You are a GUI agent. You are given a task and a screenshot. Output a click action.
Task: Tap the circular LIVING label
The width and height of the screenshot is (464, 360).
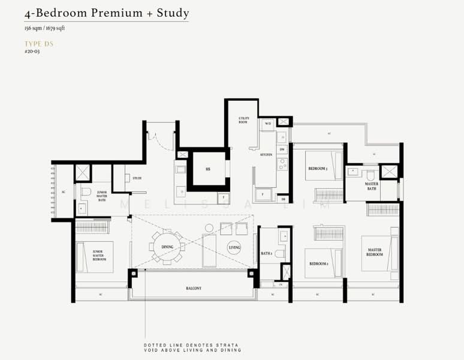pyautogui.click(x=234, y=247)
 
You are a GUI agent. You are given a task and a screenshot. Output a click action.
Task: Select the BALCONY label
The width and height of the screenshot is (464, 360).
pyautogui.click(x=193, y=289)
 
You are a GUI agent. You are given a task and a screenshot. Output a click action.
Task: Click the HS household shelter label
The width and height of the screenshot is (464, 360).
pyautogui.click(x=207, y=169)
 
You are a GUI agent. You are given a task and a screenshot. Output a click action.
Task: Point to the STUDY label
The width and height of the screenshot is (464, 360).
pyautogui.click(x=137, y=178)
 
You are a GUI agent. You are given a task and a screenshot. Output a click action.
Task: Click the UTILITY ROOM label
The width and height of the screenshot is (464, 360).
pyautogui.click(x=243, y=121)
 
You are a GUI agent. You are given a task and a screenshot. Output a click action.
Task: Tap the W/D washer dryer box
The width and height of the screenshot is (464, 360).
pyautogui.click(x=268, y=123)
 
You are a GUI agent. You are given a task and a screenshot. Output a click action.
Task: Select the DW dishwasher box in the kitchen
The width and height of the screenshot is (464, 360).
pyautogui.click(x=282, y=149)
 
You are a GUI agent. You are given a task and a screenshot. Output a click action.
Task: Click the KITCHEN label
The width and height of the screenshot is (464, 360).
pyautogui.click(x=266, y=155)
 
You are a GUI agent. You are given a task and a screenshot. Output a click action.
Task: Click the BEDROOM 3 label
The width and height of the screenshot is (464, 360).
pyautogui.click(x=318, y=169)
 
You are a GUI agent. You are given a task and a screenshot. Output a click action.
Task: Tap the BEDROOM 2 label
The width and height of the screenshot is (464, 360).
pyautogui.click(x=318, y=263)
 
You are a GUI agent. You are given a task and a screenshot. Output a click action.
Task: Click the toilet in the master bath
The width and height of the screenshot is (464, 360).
pyautogui.click(x=370, y=175)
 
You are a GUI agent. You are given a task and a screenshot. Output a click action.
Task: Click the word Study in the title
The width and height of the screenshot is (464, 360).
pyautogui.click(x=170, y=13)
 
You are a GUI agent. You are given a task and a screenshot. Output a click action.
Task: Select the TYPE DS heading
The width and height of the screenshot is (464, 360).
pyautogui.click(x=37, y=44)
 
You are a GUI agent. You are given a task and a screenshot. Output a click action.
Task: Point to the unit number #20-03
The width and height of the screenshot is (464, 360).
pyautogui.click(x=32, y=52)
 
